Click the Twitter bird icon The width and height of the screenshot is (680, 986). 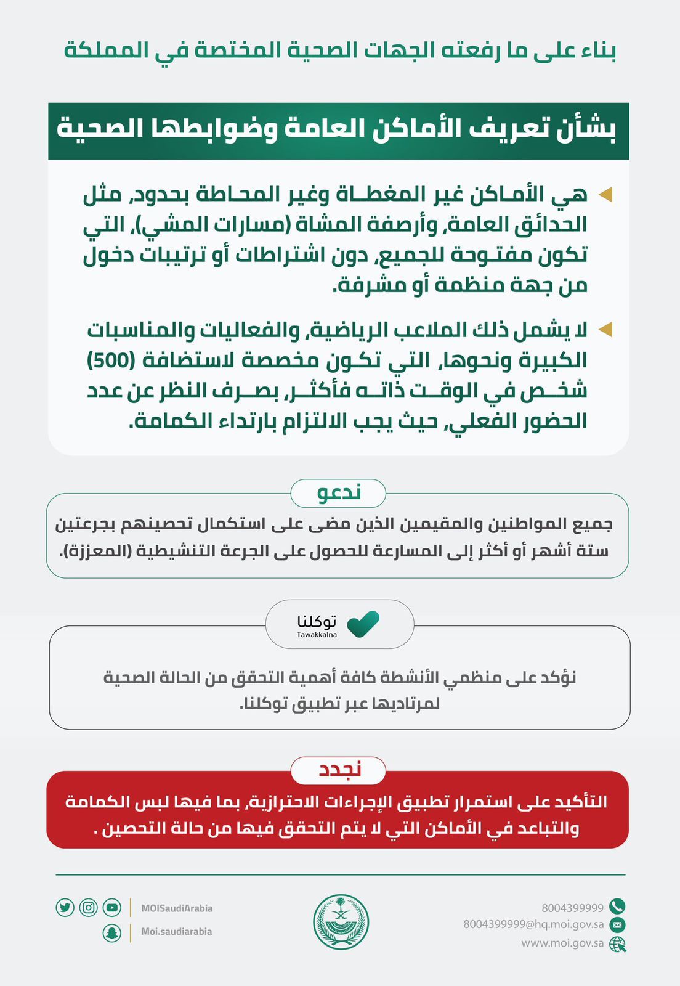coord(65,908)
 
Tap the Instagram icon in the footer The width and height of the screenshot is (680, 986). coord(89,908)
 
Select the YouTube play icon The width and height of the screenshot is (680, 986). coord(112,908)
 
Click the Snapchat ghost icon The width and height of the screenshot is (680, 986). coord(111,932)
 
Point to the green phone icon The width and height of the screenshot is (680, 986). coord(617,906)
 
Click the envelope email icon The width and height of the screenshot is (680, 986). coord(617,924)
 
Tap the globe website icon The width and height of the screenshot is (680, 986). coord(617,944)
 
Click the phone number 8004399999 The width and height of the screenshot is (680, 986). coord(572,908)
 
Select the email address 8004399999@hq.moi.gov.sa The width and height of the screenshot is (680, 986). coord(533,924)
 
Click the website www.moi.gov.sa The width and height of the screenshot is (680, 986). coord(562,943)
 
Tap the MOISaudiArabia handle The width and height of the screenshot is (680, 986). coord(177,908)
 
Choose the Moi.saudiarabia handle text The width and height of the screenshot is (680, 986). coord(176,932)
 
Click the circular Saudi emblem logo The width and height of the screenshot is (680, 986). coord(341,923)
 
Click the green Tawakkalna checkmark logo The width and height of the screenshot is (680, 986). coord(363,624)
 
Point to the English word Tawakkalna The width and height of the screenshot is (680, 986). coord(317,635)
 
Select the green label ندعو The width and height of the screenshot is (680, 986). coord(339,493)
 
